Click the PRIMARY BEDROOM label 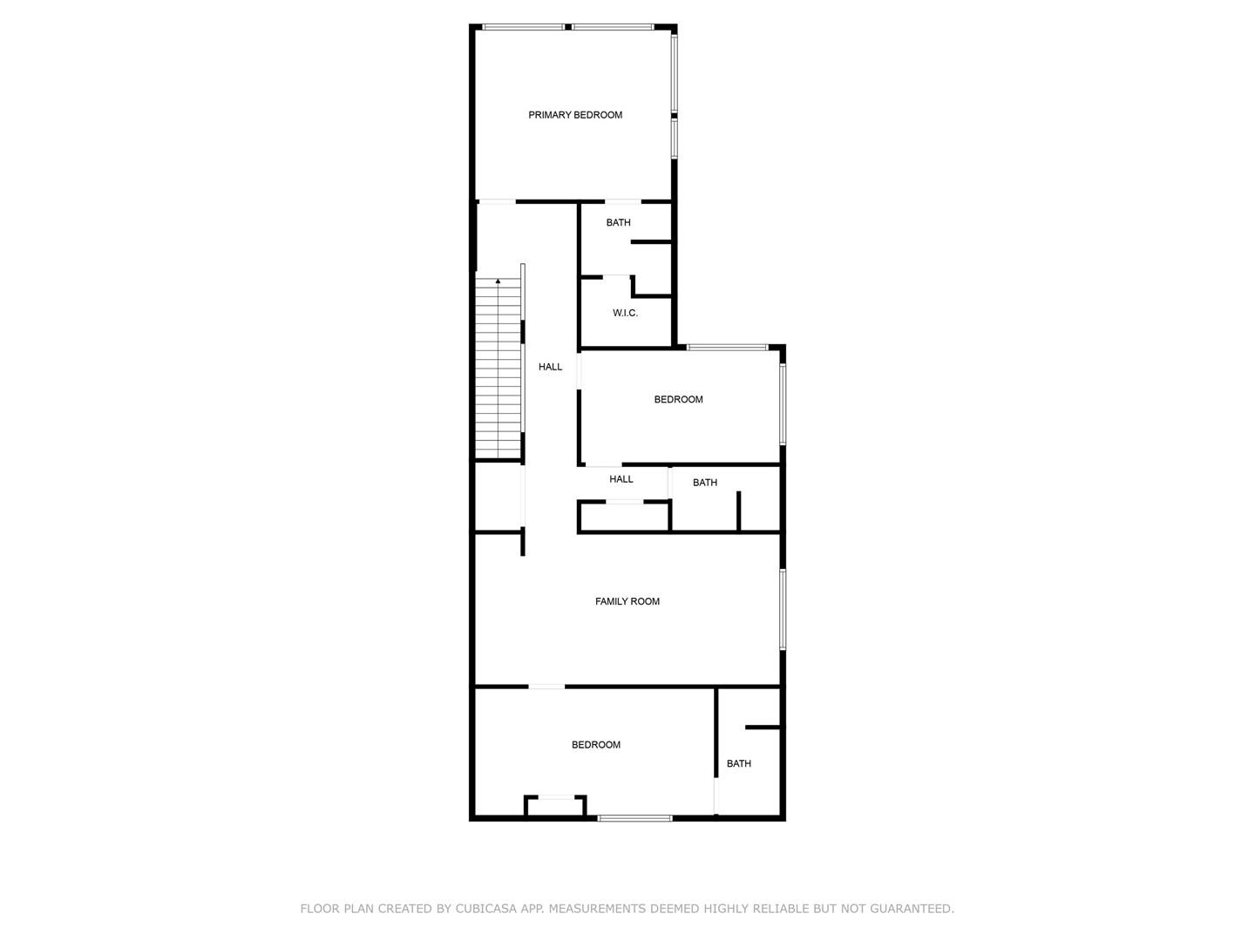575,115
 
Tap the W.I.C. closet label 625,313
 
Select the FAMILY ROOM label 627,601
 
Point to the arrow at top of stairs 498,281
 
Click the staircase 499,368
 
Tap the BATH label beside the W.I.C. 618,222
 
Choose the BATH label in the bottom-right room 739,763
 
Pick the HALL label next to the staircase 550,367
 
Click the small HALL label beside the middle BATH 621,479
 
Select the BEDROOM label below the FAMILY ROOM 596,744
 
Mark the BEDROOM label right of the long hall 678,399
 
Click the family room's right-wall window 783,609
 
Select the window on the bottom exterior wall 634,818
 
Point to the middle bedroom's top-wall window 727,348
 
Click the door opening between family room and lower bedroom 546,687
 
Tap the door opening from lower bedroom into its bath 716,795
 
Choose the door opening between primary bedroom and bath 622,201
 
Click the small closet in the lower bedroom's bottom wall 555,806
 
